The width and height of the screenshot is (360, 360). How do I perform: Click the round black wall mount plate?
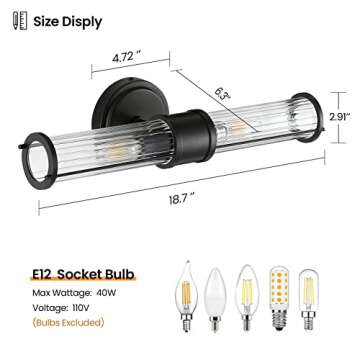[116, 105]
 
